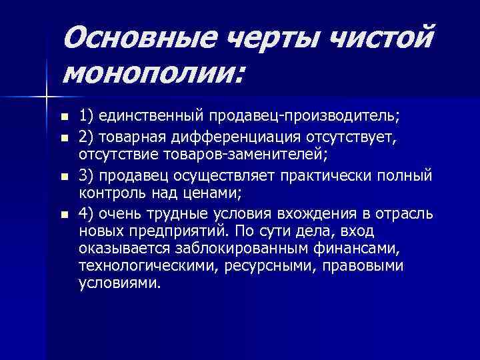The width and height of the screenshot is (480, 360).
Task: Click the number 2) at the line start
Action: pos(87,136)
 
